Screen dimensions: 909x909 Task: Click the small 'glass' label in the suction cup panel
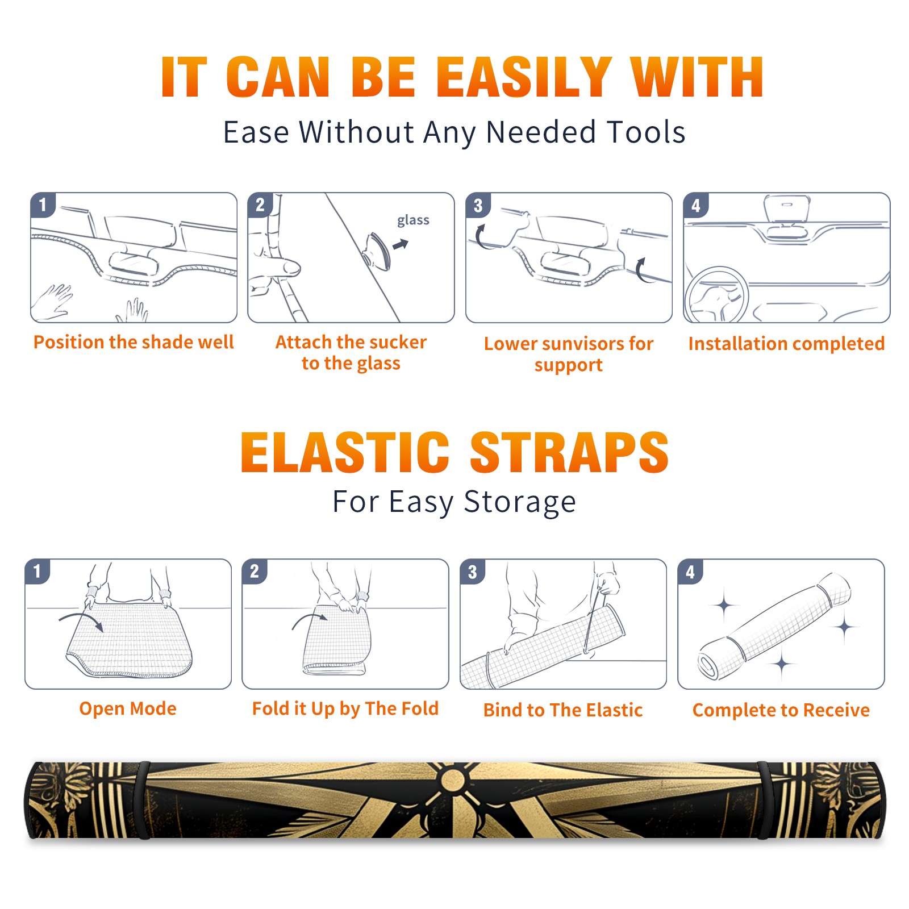(x=413, y=220)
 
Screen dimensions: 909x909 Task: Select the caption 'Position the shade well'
(x=134, y=342)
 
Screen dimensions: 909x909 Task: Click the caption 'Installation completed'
(x=786, y=343)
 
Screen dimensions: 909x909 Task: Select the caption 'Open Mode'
(x=128, y=708)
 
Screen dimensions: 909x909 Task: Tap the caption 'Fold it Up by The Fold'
(x=345, y=708)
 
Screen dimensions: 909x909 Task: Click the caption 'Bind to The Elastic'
(x=563, y=710)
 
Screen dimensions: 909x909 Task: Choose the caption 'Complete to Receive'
(x=781, y=710)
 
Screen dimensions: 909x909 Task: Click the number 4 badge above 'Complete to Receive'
(x=690, y=572)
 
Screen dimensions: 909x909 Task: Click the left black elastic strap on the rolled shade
(x=143, y=800)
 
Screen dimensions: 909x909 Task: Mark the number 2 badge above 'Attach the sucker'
(x=260, y=205)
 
